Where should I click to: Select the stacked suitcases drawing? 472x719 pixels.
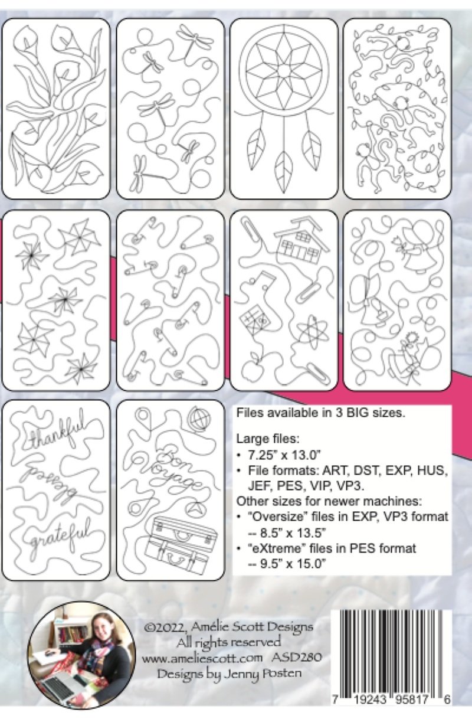181,540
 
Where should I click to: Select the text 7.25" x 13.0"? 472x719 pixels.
284,455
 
